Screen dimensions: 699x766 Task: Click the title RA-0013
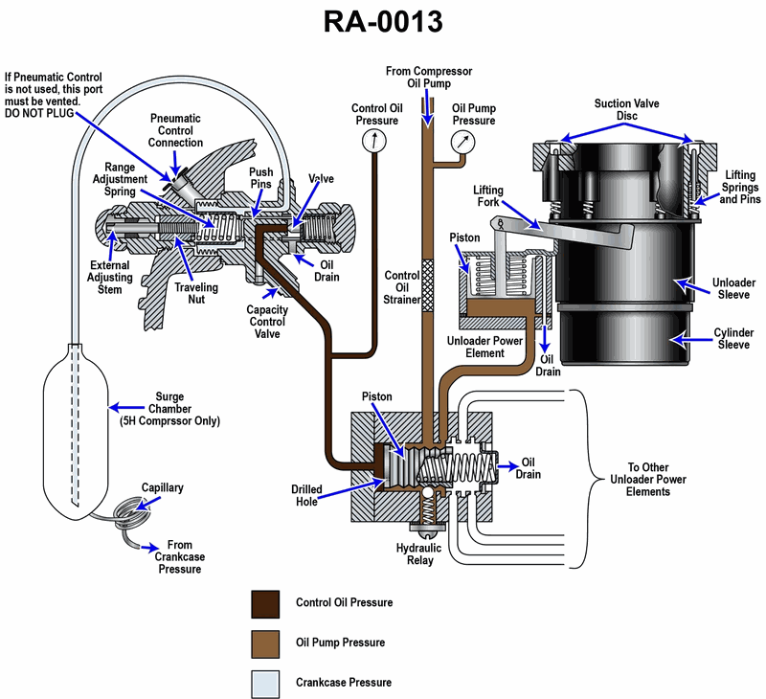coord(382,22)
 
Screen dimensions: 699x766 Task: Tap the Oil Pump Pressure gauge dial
coord(463,143)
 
